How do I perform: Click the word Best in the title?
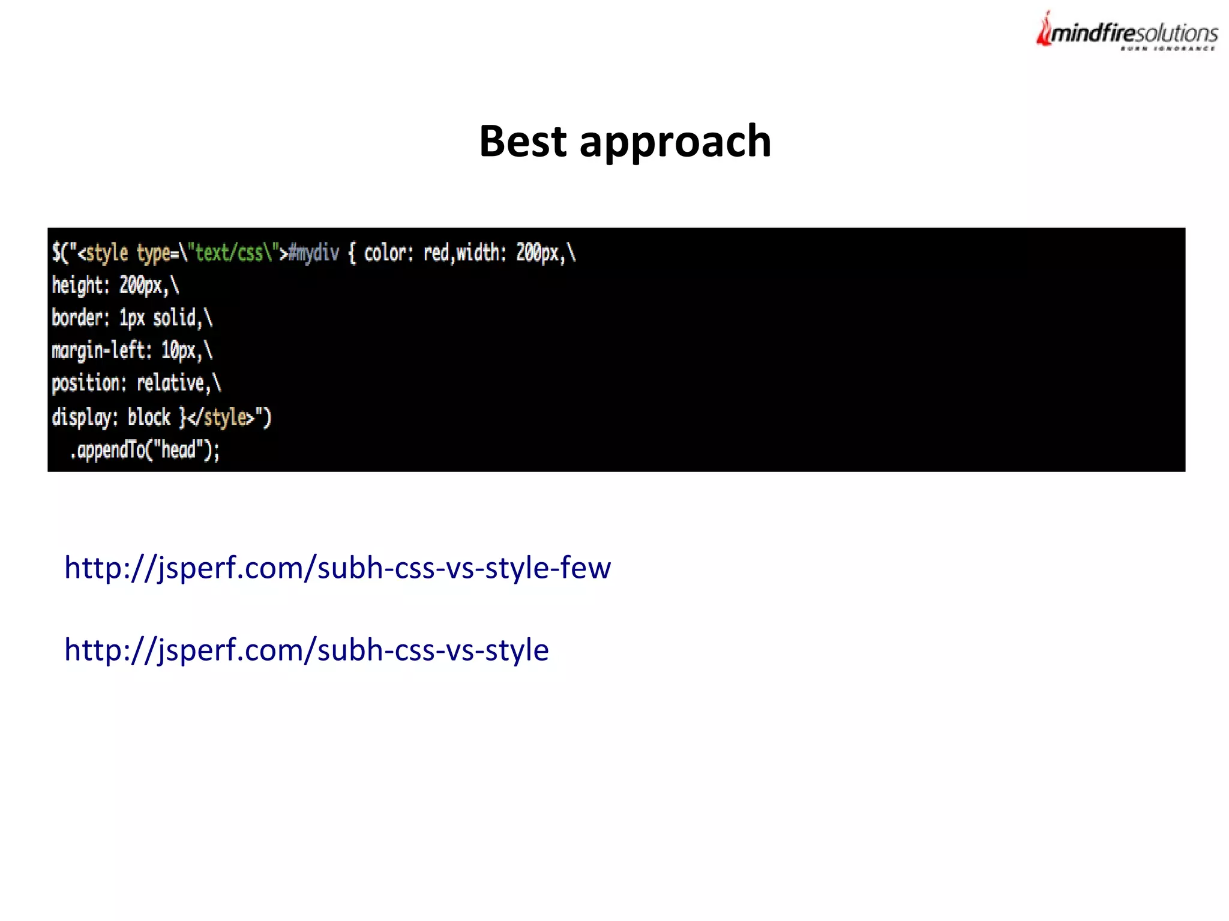coord(522,142)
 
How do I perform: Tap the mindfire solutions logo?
coord(1127,32)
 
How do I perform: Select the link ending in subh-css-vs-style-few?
coord(337,568)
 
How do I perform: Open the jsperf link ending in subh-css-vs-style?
coord(306,650)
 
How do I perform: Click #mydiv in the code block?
coord(313,253)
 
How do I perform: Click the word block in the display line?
coord(149,417)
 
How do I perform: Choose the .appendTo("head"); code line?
coord(145,450)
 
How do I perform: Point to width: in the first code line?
coord(481,253)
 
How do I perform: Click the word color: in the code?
coord(388,253)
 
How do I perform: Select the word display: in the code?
coord(85,417)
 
